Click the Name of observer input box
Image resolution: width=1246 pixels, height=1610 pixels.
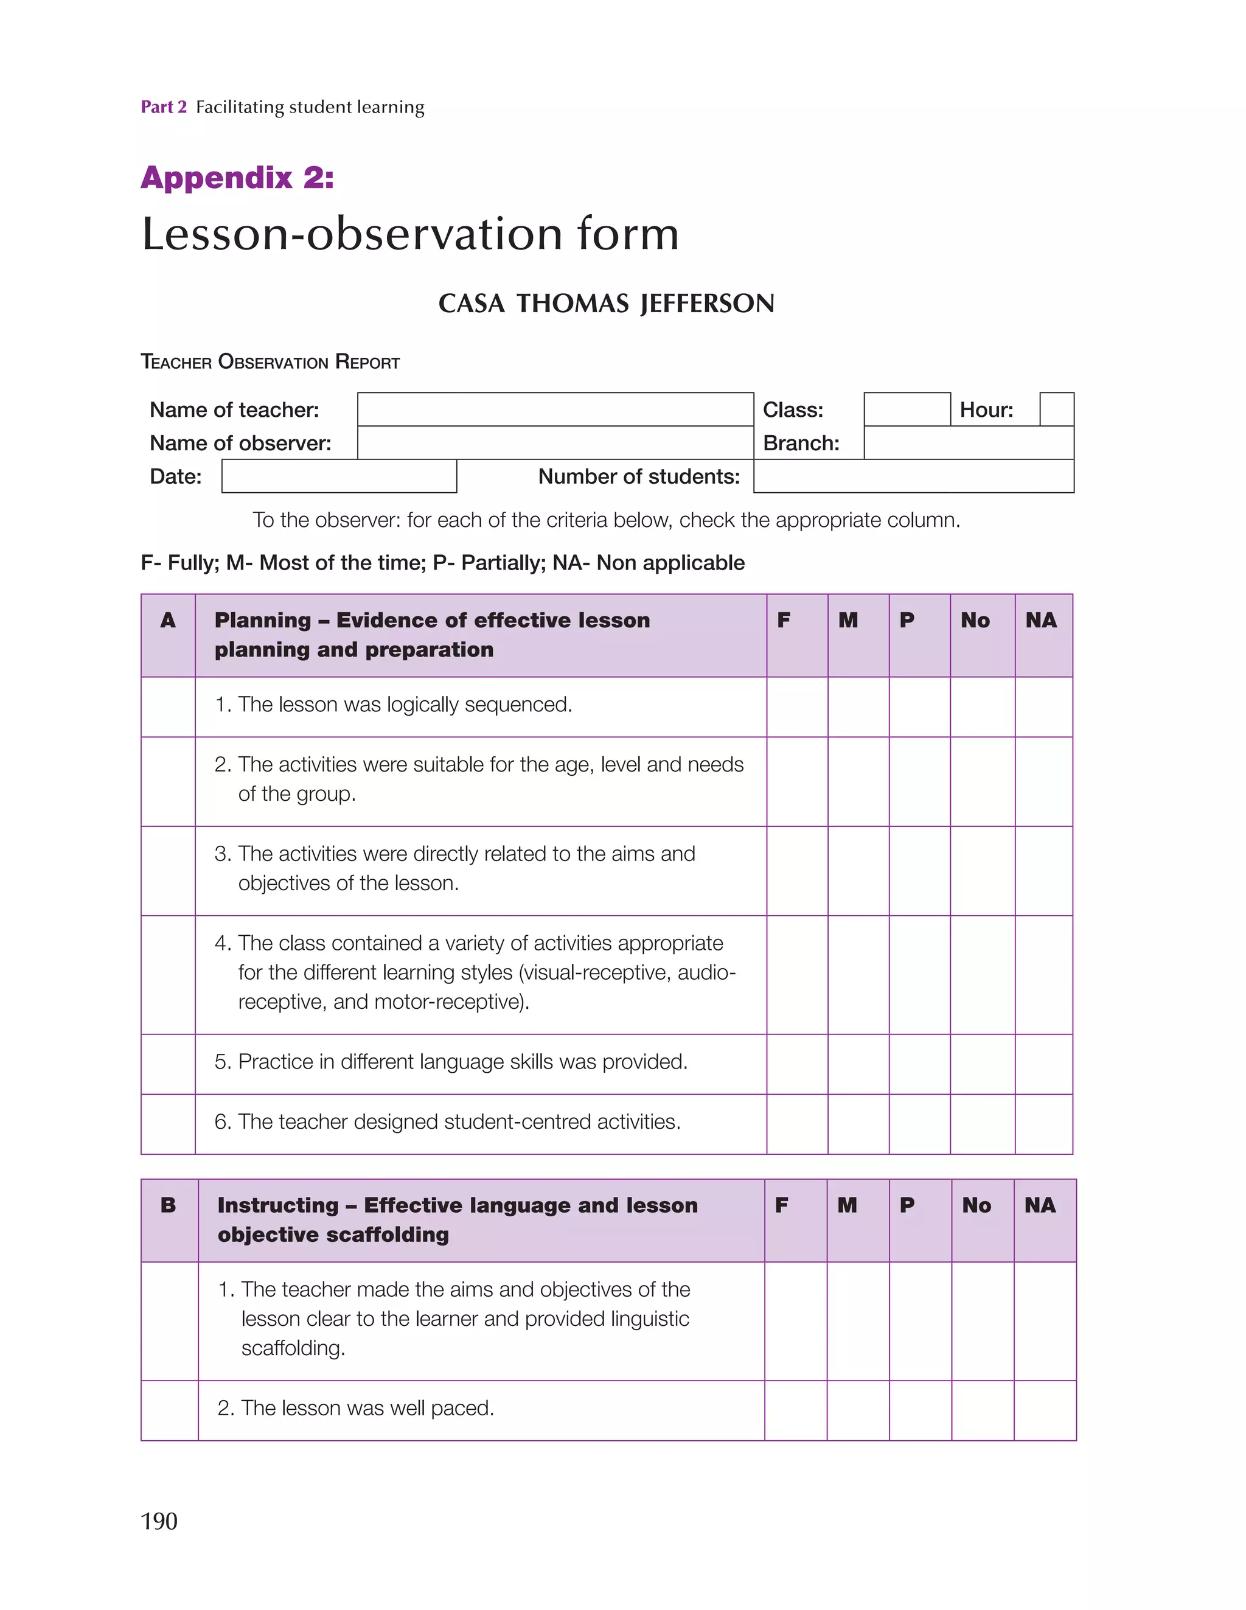click(555, 442)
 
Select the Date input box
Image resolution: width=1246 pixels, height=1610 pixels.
click(339, 476)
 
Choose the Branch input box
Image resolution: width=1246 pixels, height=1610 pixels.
click(968, 442)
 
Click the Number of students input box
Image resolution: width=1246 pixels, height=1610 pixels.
click(913, 476)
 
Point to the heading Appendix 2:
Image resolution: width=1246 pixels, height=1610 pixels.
click(237, 178)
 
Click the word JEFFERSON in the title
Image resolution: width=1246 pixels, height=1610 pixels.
click(707, 304)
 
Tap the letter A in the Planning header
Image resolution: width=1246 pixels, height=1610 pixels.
click(168, 620)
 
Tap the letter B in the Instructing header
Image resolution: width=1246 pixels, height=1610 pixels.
click(168, 1205)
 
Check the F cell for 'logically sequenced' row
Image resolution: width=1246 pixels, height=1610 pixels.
click(797, 706)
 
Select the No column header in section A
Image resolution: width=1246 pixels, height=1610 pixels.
click(975, 620)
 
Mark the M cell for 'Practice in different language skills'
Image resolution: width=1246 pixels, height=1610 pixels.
click(858, 1063)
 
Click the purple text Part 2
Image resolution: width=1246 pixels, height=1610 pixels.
click(164, 107)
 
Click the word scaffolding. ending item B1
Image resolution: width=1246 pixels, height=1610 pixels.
click(293, 1348)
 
